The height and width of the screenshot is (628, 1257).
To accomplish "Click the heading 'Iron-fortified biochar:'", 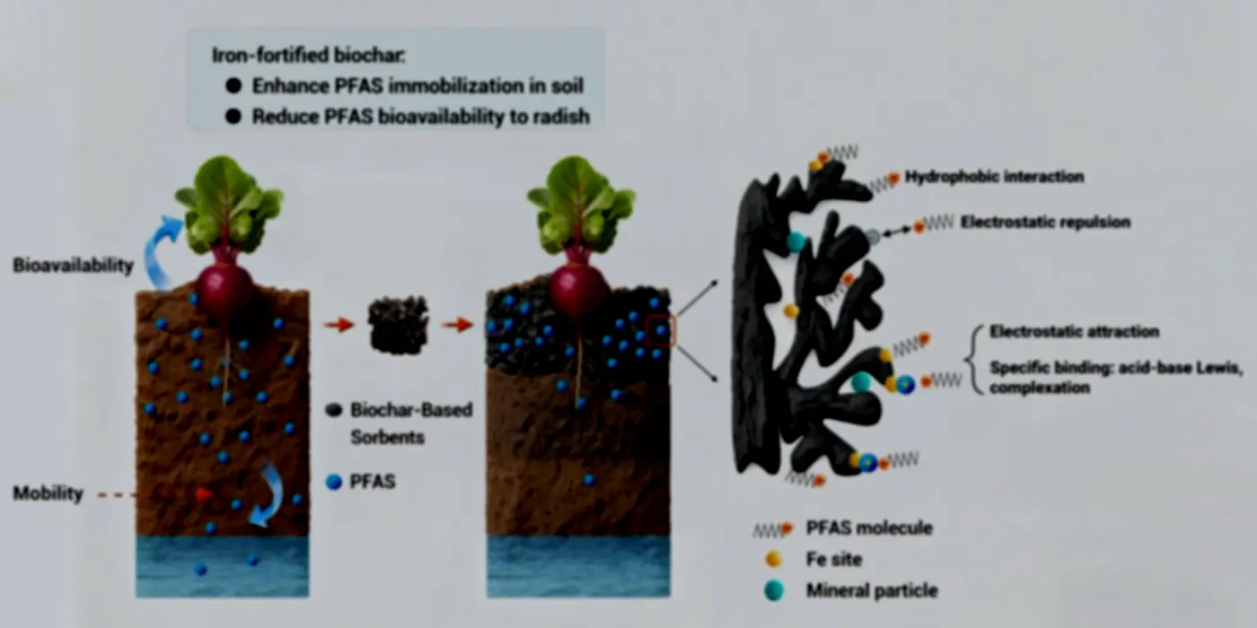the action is point(309,56).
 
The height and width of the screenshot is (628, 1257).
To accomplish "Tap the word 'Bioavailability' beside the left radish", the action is point(73,266).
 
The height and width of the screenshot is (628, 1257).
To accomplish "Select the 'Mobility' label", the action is point(48,493).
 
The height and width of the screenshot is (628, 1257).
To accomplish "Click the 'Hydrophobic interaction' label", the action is point(995,177).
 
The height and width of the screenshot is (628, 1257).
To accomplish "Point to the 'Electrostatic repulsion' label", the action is point(1045,222).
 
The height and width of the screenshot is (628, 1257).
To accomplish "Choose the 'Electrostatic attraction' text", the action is point(1074,331).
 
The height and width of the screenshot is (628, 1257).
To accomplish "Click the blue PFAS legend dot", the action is point(334,482).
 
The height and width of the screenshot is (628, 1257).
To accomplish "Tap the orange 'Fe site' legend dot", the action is point(773,558).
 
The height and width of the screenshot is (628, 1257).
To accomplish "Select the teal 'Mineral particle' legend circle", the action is point(774,590).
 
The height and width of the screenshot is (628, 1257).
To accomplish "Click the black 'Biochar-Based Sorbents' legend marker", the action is point(334,411).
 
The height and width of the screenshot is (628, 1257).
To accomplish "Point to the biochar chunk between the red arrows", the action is point(398,325).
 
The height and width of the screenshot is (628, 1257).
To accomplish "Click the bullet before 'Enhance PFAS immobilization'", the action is point(233,86).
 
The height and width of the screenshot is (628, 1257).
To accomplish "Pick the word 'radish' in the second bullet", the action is point(560,117).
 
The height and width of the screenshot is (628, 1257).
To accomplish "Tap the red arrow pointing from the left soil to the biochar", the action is point(339,324).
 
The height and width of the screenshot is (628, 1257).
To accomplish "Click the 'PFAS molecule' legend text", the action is point(869,528).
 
